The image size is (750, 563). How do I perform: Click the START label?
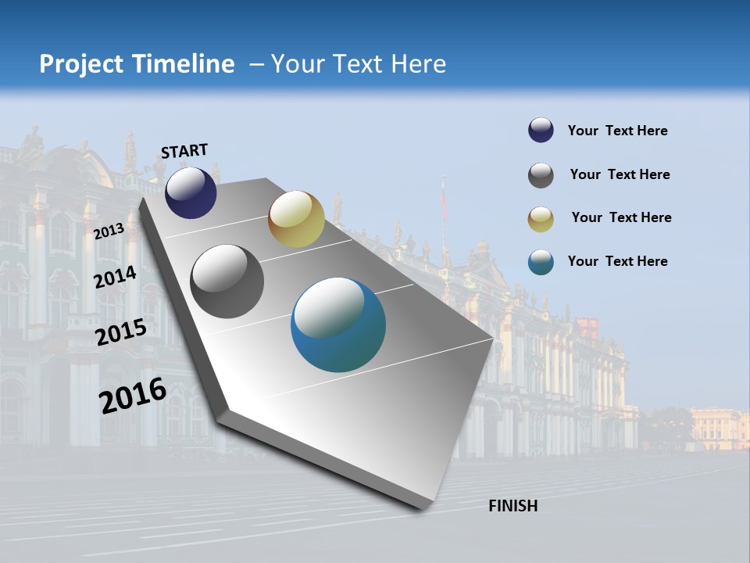[x=184, y=151]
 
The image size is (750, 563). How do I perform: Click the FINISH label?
[x=512, y=506]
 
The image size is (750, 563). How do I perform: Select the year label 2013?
[x=109, y=231]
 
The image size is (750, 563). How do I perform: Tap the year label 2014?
[x=116, y=278]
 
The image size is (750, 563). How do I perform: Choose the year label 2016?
[x=133, y=395]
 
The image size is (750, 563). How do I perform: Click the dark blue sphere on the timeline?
[x=191, y=193]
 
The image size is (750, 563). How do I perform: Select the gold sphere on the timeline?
[x=296, y=219]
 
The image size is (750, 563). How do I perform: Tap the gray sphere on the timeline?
[x=227, y=281]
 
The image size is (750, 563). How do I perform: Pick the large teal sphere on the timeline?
[x=338, y=325]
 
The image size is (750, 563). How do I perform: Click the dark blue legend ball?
[x=541, y=131]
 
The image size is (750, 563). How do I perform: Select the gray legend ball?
[x=541, y=175]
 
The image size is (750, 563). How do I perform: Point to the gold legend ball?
[x=541, y=219]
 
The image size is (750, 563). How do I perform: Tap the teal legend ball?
[x=541, y=262]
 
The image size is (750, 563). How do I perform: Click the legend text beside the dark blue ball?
[x=617, y=131]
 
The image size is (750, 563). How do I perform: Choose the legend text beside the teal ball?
[x=617, y=261]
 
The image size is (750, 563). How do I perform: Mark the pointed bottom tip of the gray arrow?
[x=423, y=509]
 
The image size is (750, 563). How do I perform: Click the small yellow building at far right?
[x=719, y=429]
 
